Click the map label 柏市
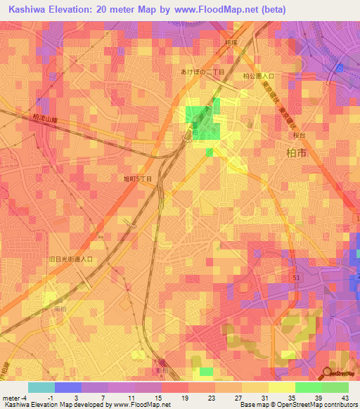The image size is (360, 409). tap(298, 152)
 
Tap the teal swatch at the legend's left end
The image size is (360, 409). tap(41, 387)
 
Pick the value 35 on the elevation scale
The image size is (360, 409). tap(299, 398)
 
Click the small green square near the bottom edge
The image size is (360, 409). tap(205, 371)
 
